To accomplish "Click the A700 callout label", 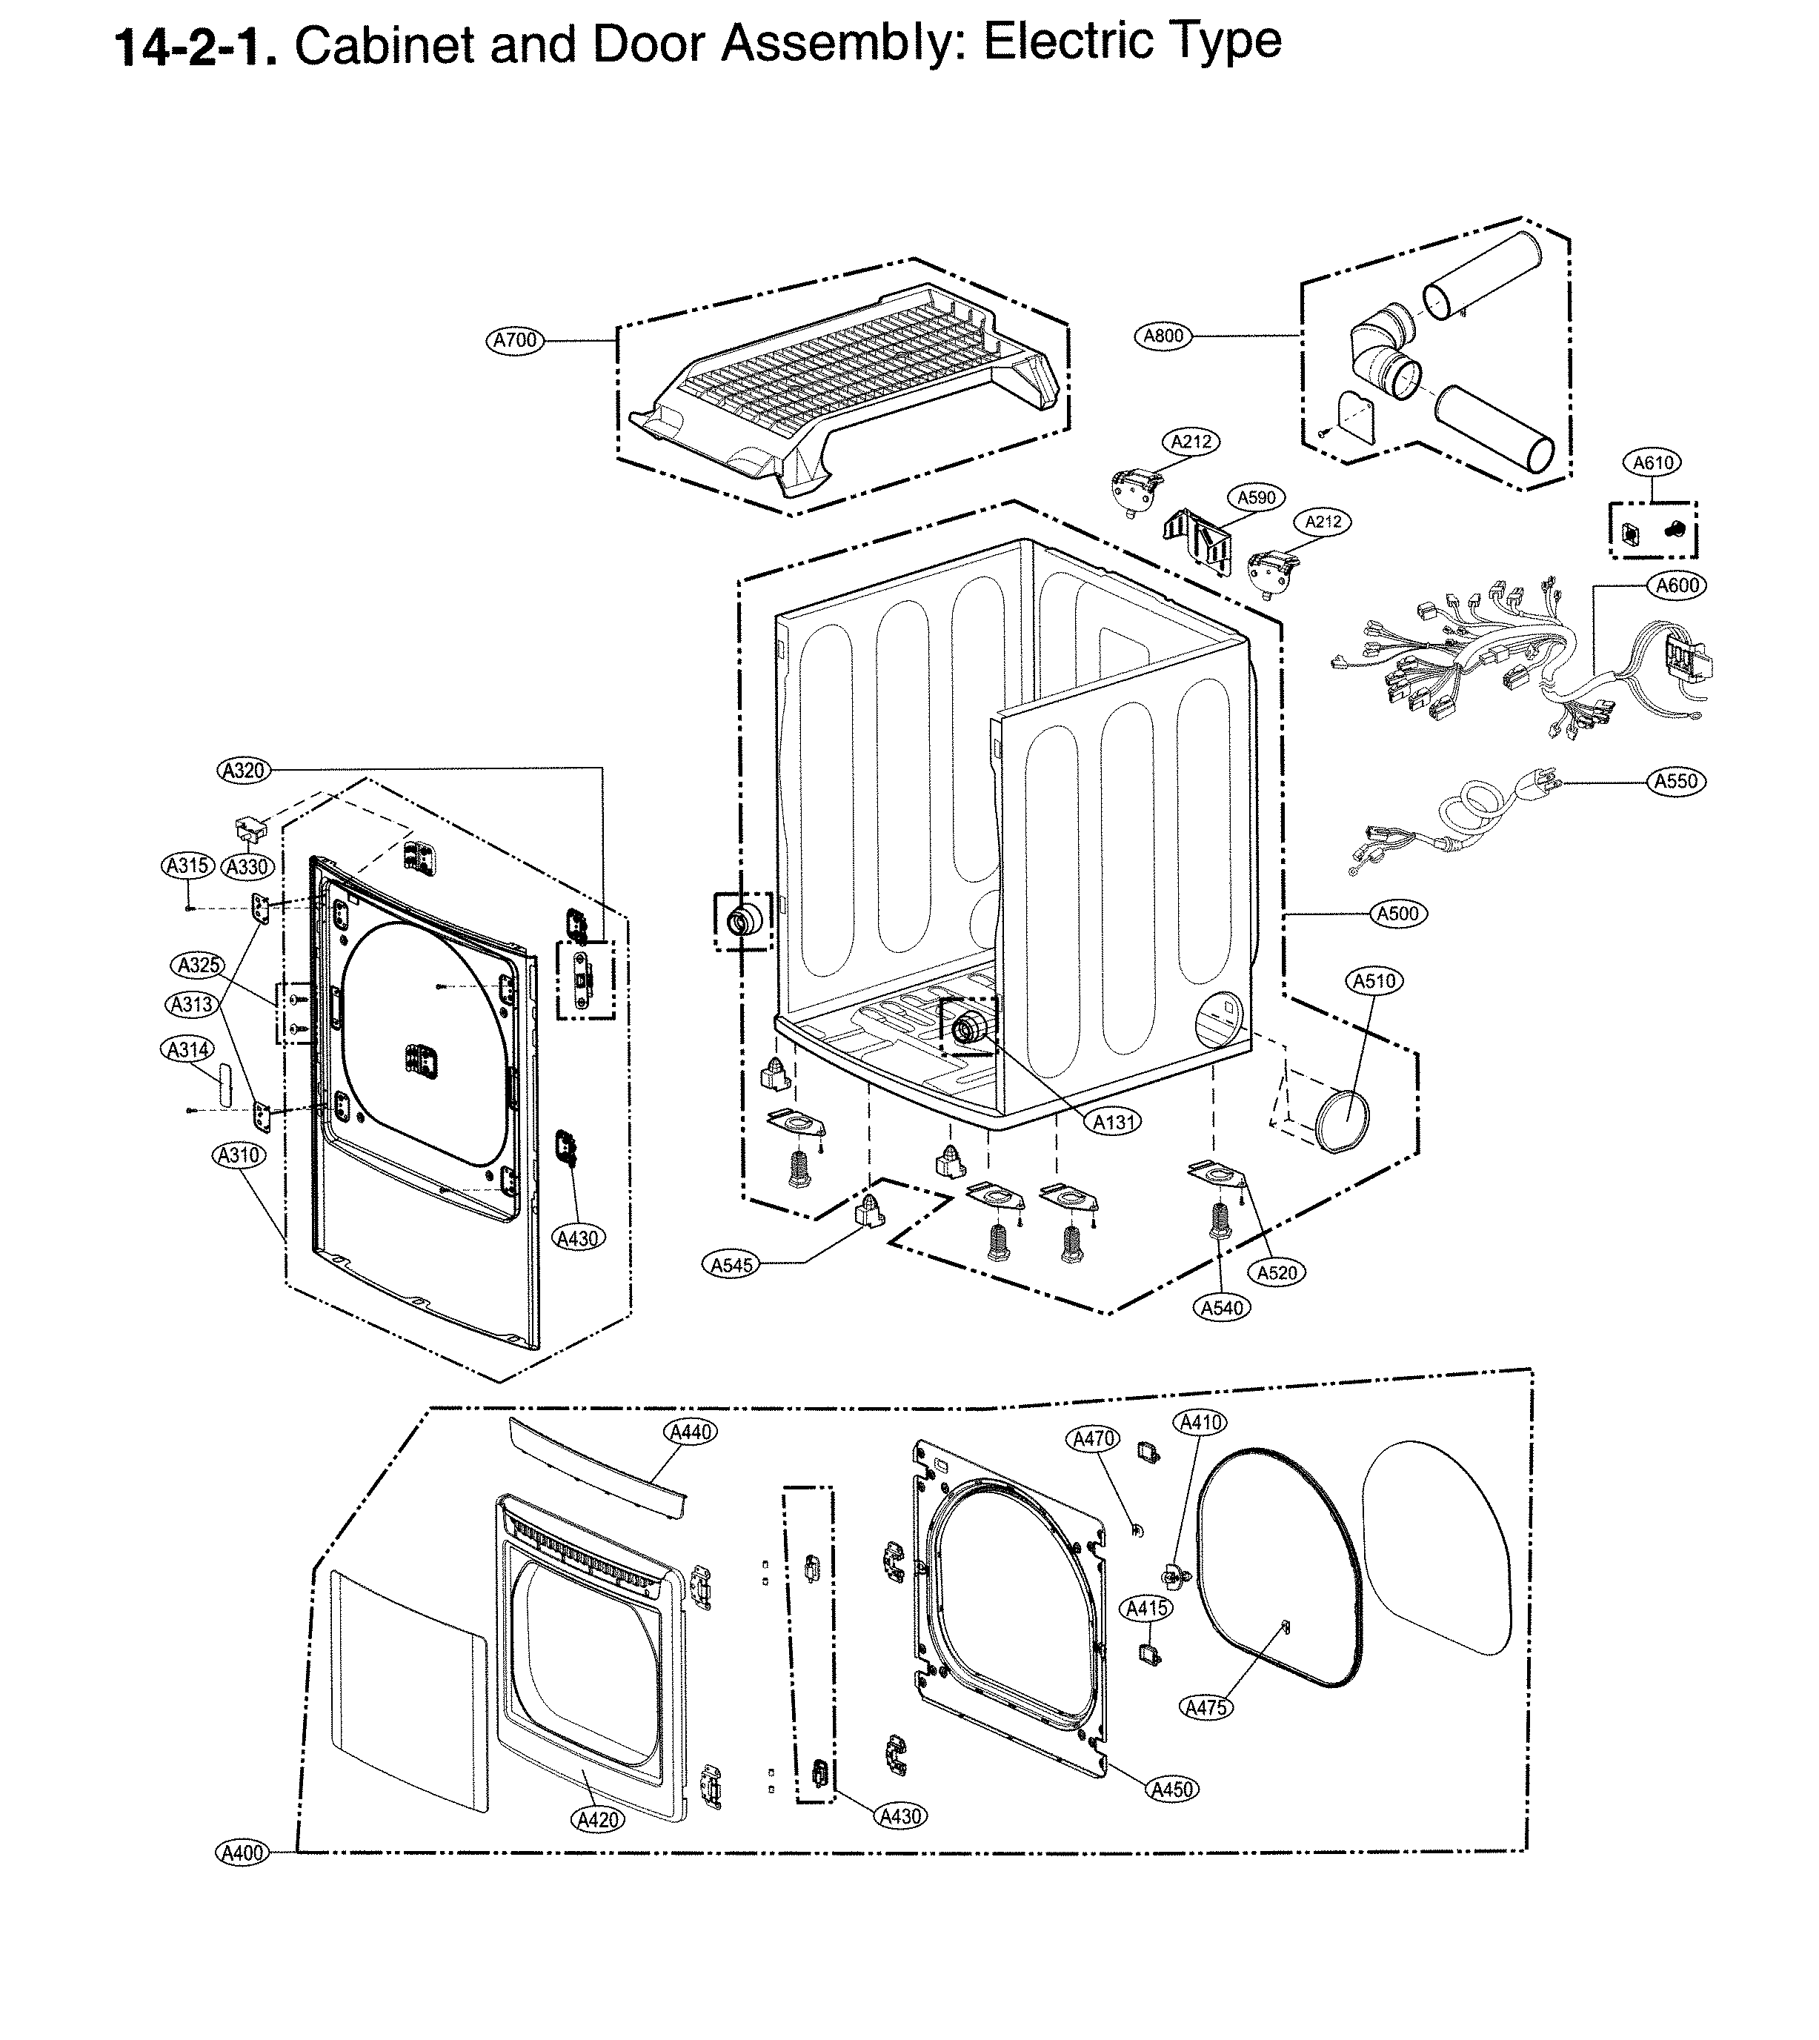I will tap(515, 340).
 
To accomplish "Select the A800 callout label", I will tap(1163, 336).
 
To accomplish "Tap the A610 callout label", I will tap(1653, 463).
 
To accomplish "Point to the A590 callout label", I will tap(1257, 498).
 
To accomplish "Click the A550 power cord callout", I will tap(1676, 782).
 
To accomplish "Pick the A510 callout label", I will tap(1374, 982).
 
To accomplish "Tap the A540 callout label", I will tap(1221, 1307).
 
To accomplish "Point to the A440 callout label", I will tap(691, 1432).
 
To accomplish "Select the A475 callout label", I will tap(1206, 1708).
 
